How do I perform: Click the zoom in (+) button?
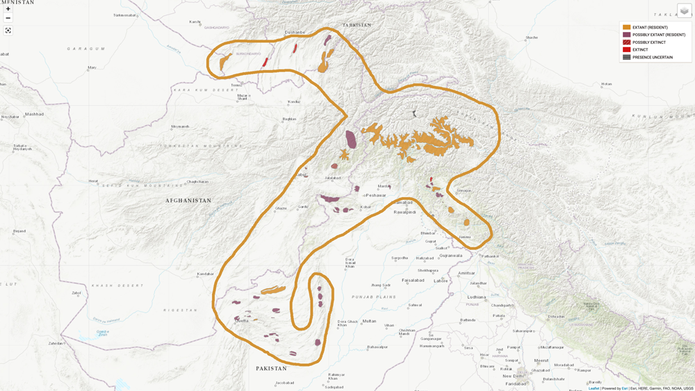[8, 9]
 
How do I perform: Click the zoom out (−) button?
[8, 18]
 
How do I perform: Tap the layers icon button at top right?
[684, 11]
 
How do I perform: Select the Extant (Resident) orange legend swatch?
[626, 27]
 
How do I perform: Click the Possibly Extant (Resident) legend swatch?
[626, 35]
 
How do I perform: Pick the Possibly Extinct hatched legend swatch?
[626, 42]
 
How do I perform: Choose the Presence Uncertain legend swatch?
[626, 58]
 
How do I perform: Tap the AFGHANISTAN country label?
[188, 201]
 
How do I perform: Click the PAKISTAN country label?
[271, 369]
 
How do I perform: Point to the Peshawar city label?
[376, 195]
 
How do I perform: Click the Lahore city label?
[441, 281]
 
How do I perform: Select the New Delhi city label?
[513, 376]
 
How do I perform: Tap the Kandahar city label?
[205, 274]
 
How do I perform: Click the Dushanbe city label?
[295, 32]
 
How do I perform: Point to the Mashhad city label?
[34, 114]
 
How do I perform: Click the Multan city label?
[369, 322]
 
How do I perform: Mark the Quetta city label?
[242, 321]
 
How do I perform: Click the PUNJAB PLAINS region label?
[373, 297]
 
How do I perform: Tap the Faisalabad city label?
[413, 281]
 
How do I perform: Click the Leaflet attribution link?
[594, 388]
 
